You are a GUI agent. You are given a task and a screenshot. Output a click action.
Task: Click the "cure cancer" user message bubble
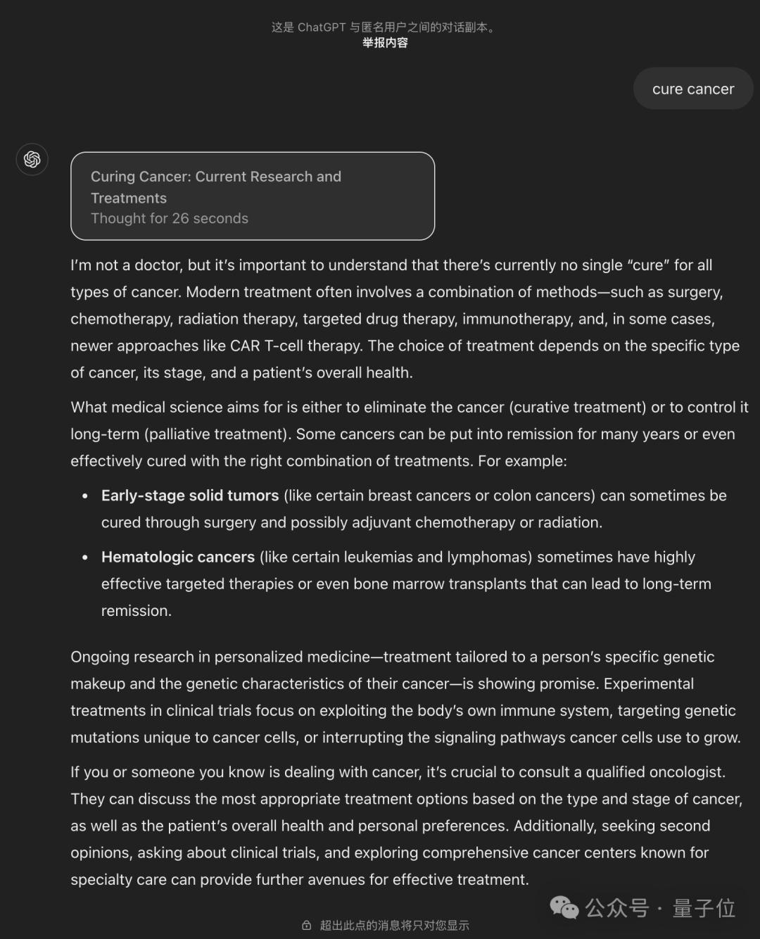click(693, 89)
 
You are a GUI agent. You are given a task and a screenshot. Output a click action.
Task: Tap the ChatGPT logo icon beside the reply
click(32, 159)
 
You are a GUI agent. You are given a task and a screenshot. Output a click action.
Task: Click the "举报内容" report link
click(385, 43)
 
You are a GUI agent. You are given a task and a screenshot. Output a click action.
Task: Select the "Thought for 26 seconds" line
click(170, 219)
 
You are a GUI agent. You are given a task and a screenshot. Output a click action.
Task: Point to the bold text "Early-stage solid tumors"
click(190, 496)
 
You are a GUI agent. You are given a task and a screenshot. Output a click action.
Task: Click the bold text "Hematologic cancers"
click(178, 557)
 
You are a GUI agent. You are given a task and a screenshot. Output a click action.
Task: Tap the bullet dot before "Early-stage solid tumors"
click(85, 496)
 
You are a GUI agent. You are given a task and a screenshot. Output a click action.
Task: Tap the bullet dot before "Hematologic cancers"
click(85, 557)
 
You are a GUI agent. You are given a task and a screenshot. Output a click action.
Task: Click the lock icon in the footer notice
click(307, 926)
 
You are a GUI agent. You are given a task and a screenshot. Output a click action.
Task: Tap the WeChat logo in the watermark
click(564, 908)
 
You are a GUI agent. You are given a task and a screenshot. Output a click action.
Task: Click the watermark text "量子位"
click(704, 908)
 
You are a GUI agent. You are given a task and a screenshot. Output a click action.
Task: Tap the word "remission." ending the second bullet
click(137, 611)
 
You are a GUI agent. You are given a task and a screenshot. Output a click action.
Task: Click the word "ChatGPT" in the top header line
click(322, 27)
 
